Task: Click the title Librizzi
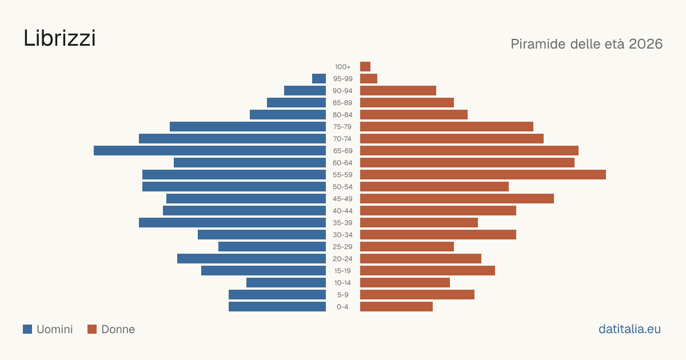(59, 38)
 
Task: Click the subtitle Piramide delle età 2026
(587, 44)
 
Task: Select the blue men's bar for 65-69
(210, 151)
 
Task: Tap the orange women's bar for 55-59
(483, 174)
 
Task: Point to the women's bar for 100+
(365, 66)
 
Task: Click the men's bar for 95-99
(319, 79)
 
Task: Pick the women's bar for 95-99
(369, 79)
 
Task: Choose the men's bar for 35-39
(233, 222)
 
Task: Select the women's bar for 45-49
(457, 199)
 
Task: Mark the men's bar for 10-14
(286, 282)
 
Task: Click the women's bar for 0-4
(396, 306)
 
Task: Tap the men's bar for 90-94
(305, 91)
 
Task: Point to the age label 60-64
(342, 163)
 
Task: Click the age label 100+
(342, 67)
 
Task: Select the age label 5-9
(342, 295)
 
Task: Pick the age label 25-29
(342, 247)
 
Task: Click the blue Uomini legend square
(27, 329)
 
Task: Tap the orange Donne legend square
(92, 329)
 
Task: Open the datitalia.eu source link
(629, 329)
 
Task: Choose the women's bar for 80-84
(414, 114)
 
